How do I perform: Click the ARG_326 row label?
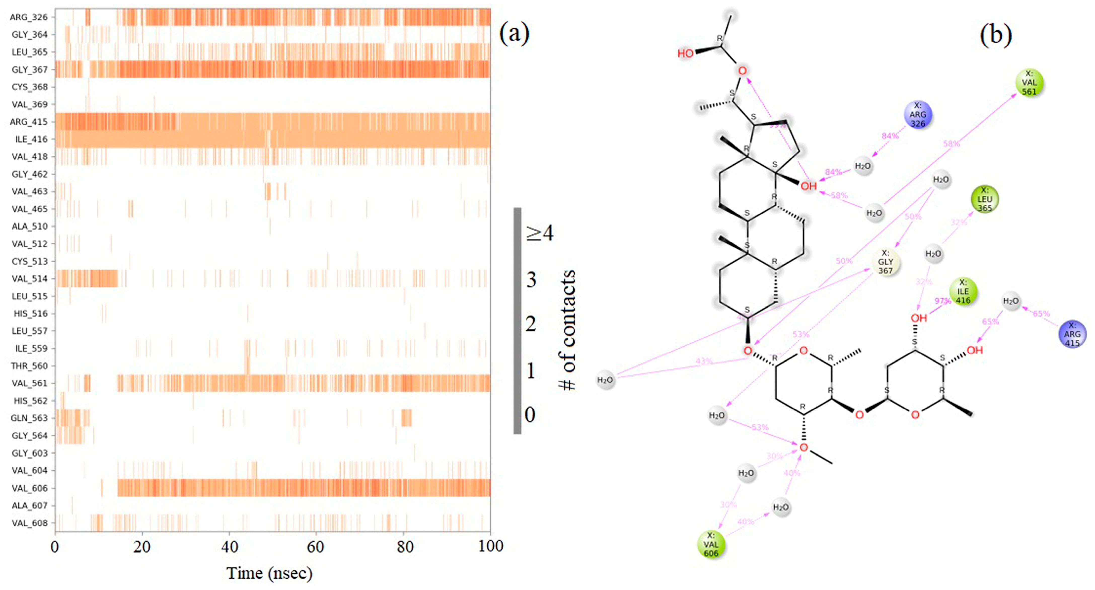click(x=29, y=17)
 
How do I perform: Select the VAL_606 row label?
click(x=29, y=488)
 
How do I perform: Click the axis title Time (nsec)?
click(x=270, y=573)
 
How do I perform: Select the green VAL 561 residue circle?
click(x=1029, y=83)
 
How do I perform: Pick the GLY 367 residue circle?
click(x=885, y=262)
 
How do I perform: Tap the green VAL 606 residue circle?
click(x=711, y=544)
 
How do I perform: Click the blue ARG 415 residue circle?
click(x=1072, y=334)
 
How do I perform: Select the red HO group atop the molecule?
click(x=685, y=53)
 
